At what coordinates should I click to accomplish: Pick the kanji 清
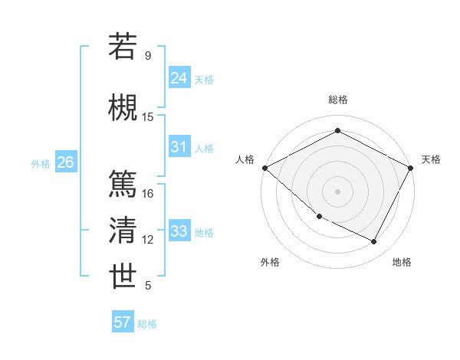[123, 231]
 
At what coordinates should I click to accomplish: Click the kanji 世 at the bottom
[123, 277]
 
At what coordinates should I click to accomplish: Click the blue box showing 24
[179, 77]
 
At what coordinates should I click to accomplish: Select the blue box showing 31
[179, 147]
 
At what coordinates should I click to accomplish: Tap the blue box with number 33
[179, 231]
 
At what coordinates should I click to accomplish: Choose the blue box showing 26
[65, 162]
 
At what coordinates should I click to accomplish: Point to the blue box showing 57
[123, 322]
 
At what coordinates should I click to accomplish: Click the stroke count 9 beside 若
[148, 56]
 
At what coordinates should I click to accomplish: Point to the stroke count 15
[148, 117]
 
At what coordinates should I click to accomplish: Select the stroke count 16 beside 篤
[148, 194]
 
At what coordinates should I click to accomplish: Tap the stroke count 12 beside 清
[148, 241]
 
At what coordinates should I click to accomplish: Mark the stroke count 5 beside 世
[148, 286]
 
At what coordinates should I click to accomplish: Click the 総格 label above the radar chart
[337, 100]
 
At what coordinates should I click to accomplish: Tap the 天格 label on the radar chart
[431, 159]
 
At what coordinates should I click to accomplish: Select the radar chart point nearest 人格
[264, 168]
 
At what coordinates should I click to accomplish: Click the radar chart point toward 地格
[374, 242]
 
